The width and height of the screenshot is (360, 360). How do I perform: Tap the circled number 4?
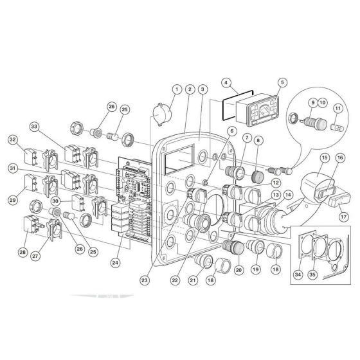(x=226, y=82)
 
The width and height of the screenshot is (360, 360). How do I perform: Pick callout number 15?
(x=325, y=157)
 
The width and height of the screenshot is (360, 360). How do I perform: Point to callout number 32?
(x=12, y=139)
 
